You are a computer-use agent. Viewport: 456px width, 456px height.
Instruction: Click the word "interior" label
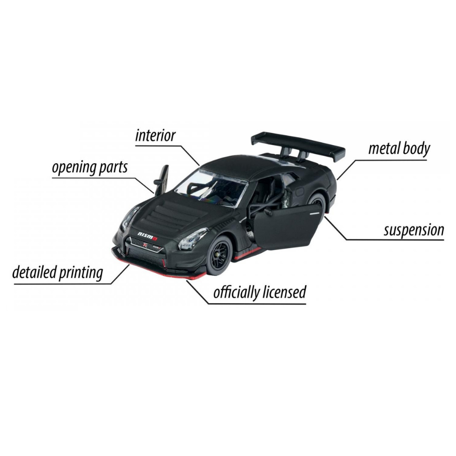[x=155, y=135]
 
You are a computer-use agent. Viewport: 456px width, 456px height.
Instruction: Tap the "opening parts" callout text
[x=90, y=168]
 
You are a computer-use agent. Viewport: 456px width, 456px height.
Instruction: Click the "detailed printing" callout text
[x=57, y=273]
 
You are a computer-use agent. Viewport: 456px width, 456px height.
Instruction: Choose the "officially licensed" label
[x=260, y=292]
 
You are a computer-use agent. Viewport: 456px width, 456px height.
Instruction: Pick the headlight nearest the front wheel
[x=193, y=239]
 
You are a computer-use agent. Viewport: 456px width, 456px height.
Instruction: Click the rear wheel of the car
[x=317, y=203]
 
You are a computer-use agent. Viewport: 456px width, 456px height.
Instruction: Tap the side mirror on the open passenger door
[x=268, y=211]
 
